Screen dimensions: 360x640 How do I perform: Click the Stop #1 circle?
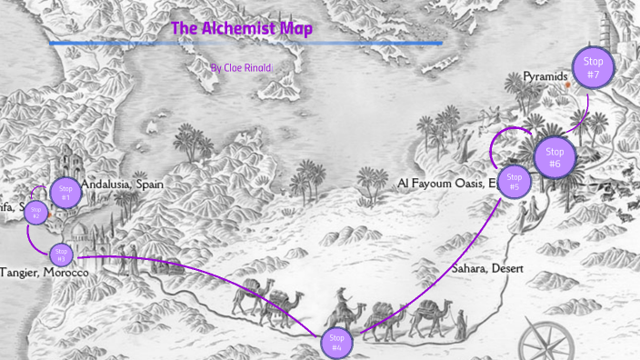tap(65, 193)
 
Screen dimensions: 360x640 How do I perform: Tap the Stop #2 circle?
tap(36, 214)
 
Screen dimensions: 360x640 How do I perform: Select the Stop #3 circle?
tap(61, 255)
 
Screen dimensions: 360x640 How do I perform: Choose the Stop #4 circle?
tap(335, 343)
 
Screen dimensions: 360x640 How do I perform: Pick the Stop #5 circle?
tap(515, 182)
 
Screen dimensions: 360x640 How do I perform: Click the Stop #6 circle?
tap(555, 157)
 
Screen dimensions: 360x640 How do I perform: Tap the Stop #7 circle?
tap(593, 68)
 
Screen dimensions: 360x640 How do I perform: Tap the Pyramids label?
tap(545, 77)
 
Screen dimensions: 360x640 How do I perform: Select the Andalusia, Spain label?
tap(122, 184)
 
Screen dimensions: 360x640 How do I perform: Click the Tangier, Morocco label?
tap(45, 273)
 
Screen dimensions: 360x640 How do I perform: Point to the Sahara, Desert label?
tap(486, 269)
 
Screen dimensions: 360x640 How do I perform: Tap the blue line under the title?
tap(245, 43)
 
